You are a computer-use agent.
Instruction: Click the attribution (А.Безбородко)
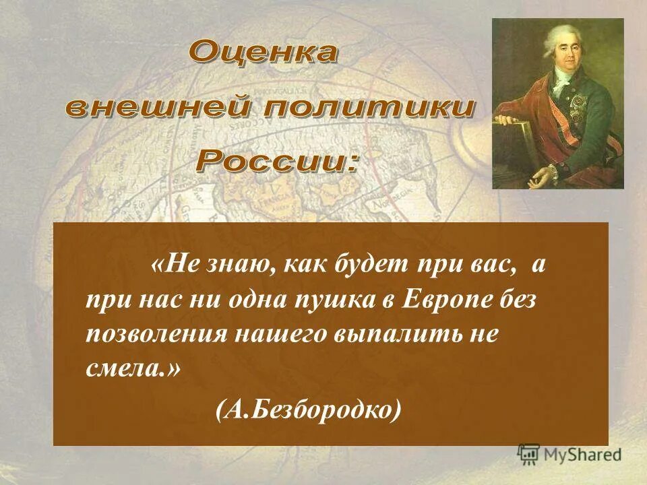[309, 409]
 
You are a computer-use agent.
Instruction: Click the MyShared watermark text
[583, 454]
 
